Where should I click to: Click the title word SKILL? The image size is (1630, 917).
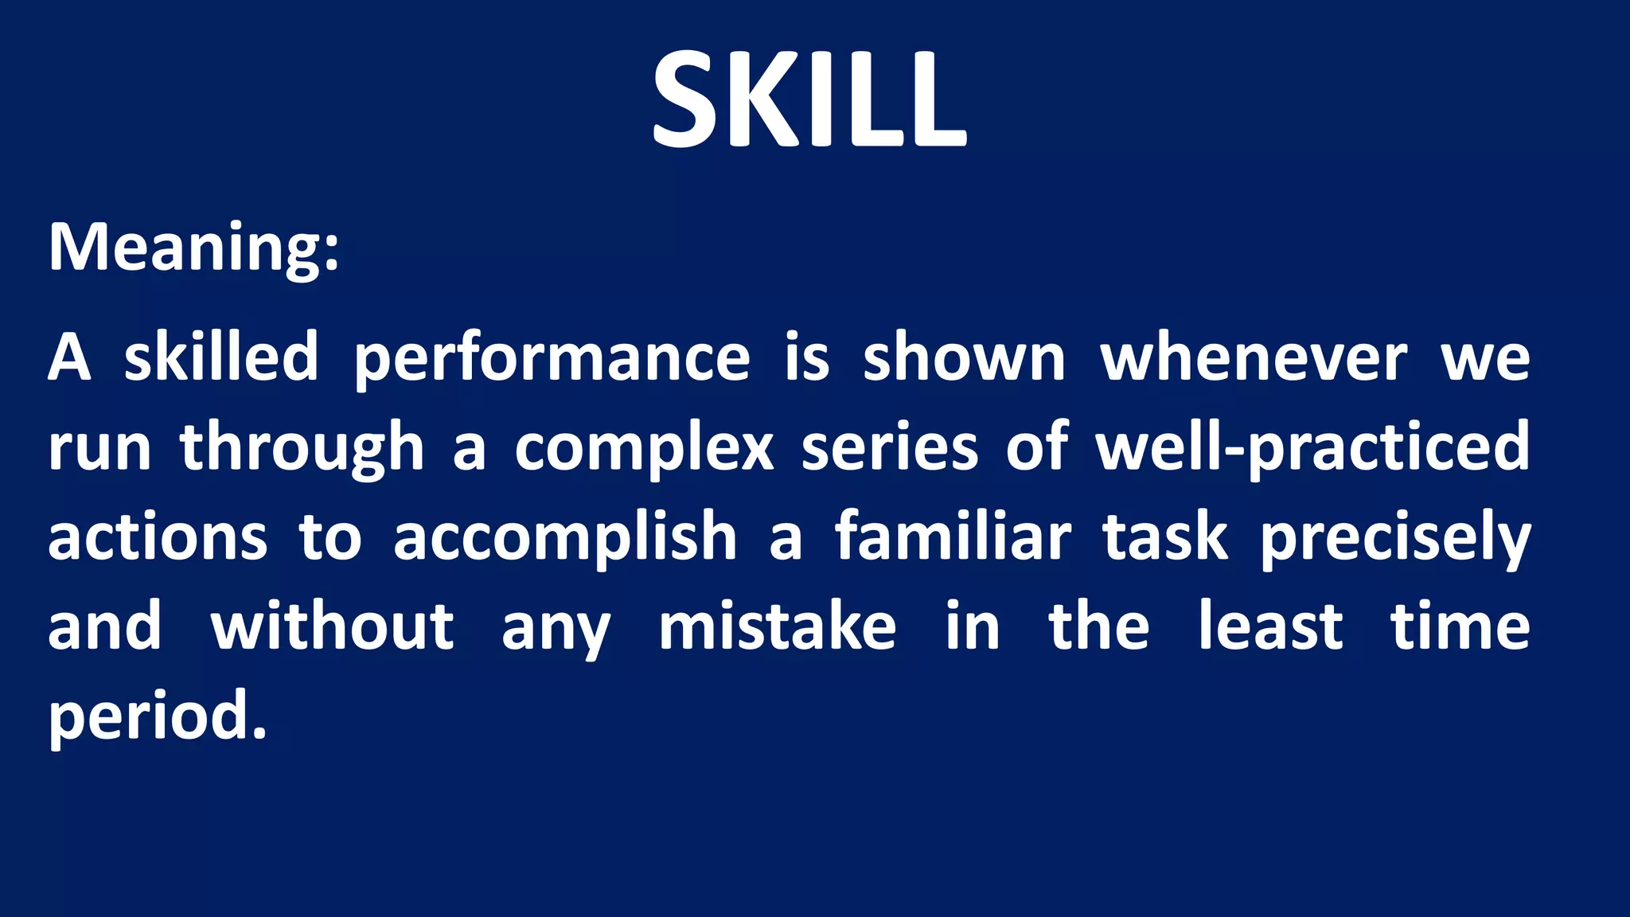tap(809, 100)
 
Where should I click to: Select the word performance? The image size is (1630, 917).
tap(552, 358)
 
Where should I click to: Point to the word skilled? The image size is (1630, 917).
tap(221, 357)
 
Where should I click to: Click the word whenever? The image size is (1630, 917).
tap(1254, 358)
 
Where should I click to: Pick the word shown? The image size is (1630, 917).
tap(964, 358)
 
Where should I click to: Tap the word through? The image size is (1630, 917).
tap(302, 448)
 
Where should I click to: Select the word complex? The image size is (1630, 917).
tap(644, 448)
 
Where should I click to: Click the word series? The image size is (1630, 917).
tap(889, 447)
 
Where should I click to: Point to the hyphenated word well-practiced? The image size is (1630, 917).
tap(1312, 447)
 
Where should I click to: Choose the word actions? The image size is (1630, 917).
tap(158, 537)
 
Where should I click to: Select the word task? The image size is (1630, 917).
tap(1165, 537)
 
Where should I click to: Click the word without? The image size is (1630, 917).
tap(332, 626)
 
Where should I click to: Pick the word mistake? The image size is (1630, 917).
tap(778, 626)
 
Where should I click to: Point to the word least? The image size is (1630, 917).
tap(1271, 626)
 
